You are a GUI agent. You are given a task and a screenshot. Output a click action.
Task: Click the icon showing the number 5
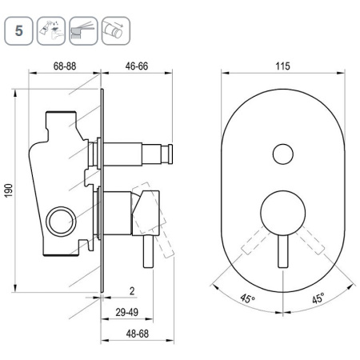18,30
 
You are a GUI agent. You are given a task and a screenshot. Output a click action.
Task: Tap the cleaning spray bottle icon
51,30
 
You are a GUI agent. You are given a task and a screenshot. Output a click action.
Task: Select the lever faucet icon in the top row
83,30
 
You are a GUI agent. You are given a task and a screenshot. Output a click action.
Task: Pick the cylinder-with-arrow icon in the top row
116,30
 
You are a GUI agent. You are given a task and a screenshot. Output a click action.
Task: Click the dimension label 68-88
65,66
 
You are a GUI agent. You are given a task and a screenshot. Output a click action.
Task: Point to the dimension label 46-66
137,66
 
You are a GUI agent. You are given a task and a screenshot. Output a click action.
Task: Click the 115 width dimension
282,66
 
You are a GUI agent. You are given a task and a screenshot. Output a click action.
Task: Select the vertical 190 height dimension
9,190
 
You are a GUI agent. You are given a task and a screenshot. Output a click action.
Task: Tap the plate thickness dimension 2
132,291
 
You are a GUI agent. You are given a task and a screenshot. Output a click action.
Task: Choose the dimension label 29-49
127,312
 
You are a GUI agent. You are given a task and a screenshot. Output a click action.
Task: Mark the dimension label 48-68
138,334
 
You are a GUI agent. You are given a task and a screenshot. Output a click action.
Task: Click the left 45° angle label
248,298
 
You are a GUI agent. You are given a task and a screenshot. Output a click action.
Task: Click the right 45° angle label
318,298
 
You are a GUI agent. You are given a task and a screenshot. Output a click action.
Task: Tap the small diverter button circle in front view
283,154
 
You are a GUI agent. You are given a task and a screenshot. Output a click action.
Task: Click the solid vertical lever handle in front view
283,252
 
